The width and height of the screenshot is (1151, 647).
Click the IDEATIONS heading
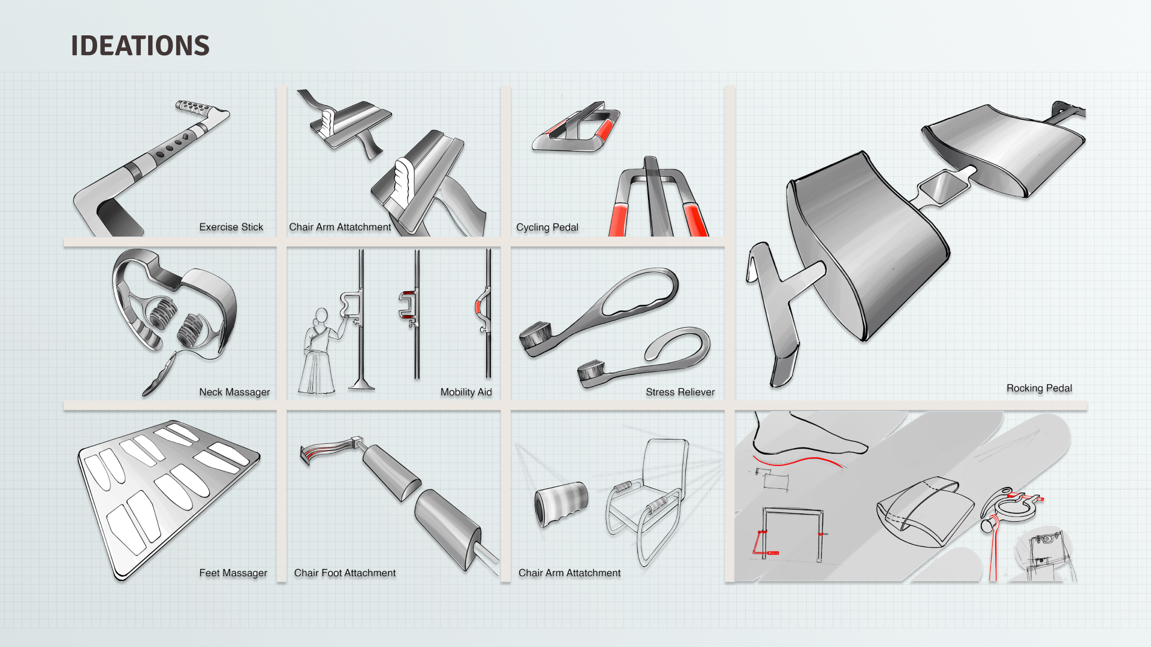(x=140, y=46)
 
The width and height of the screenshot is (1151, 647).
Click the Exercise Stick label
(x=231, y=227)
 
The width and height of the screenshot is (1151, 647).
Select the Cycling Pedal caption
(x=547, y=228)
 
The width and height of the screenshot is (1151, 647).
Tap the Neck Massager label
(x=234, y=392)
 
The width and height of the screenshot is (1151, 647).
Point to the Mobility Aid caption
(x=466, y=392)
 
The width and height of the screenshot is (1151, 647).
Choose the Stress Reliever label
(x=680, y=392)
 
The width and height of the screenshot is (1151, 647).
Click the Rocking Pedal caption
(x=1039, y=388)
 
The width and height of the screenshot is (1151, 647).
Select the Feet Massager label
(x=233, y=573)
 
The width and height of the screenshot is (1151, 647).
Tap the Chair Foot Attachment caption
(x=345, y=573)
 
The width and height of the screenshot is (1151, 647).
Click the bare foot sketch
(x=809, y=434)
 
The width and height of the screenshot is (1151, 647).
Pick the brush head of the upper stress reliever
(x=535, y=335)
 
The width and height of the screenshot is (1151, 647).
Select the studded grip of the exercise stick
(x=193, y=108)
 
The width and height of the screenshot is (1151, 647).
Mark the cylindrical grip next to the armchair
(x=561, y=504)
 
